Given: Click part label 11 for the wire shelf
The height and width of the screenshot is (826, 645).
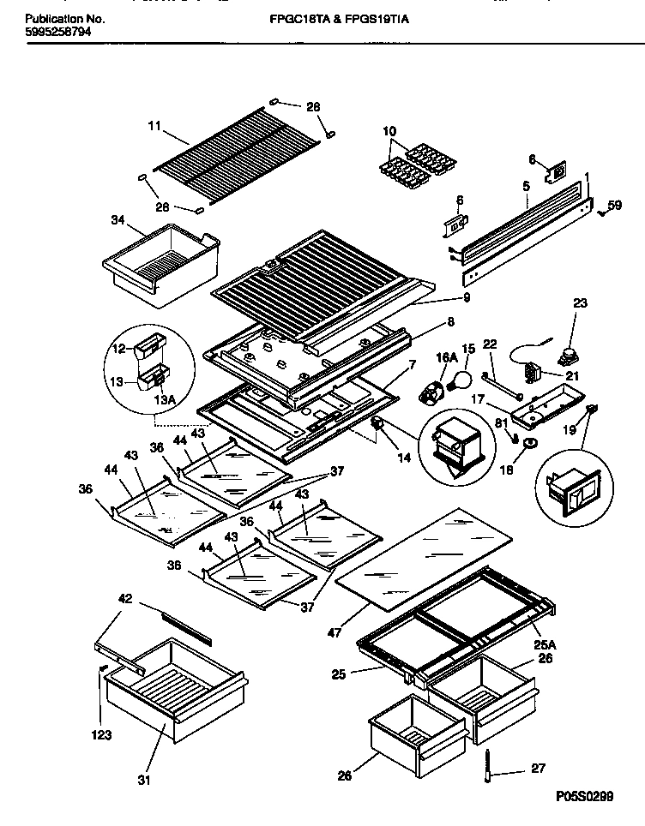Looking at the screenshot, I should pyautogui.click(x=154, y=126).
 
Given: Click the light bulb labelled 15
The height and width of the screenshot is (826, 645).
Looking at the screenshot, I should pyautogui.click(x=463, y=376).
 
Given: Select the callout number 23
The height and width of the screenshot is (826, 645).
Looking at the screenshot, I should pyautogui.click(x=581, y=302).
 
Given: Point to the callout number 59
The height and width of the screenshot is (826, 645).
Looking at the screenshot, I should pyautogui.click(x=614, y=205).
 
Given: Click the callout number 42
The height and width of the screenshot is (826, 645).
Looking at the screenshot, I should pyautogui.click(x=124, y=602).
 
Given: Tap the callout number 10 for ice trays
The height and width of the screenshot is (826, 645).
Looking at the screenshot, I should pyautogui.click(x=389, y=132).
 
